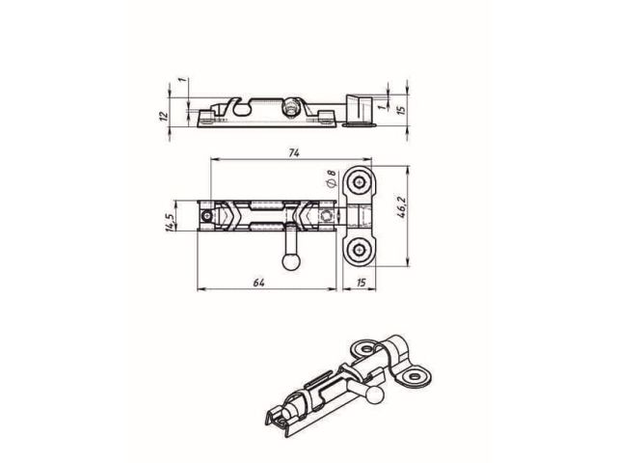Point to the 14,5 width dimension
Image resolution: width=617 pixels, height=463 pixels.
coord(169,223)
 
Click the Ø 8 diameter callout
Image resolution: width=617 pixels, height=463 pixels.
coord(331,177)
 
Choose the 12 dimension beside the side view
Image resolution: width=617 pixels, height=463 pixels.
coord(164,114)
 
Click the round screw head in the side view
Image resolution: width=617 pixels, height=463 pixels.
coord(289,105)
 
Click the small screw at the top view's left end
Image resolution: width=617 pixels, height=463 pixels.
coord(205,217)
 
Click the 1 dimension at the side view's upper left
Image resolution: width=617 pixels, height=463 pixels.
coord(180,82)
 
